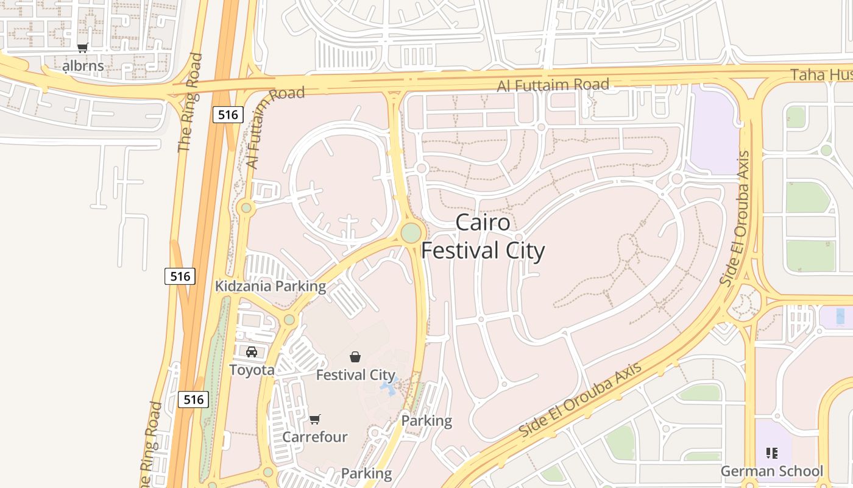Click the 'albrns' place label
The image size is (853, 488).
83,65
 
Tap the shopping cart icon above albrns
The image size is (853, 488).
82,48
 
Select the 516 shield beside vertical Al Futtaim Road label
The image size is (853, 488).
228,114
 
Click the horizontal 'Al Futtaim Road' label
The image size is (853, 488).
553,85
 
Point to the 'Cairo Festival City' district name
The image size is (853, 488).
483,237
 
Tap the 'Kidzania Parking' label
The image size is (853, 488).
271,286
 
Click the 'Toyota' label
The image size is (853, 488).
252,370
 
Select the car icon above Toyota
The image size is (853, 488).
251,352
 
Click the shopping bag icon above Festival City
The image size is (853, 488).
355,357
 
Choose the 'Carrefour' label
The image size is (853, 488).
314,437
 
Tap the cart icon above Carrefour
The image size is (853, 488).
314,419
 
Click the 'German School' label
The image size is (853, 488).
771,471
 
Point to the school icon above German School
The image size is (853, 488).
772,453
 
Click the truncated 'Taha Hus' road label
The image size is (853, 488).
821,75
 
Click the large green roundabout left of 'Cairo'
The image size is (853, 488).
411,232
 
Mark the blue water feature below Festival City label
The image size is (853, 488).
388,387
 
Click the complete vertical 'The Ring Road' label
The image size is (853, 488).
190,102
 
